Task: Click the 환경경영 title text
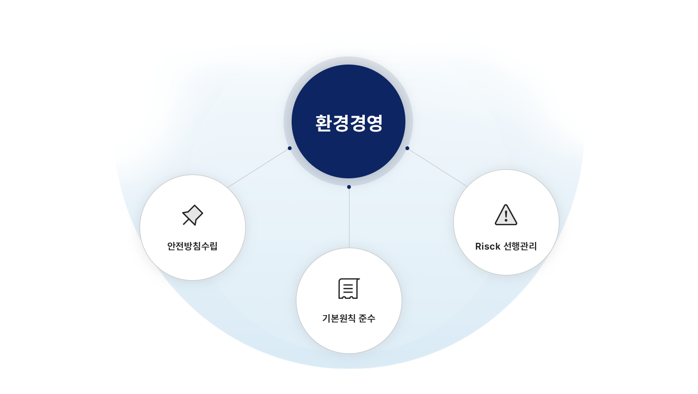(349, 123)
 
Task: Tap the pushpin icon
(193, 215)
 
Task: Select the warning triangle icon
(506, 215)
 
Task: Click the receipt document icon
(349, 289)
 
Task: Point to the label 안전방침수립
(192, 246)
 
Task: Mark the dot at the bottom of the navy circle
(349, 187)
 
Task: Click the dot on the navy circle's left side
(290, 148)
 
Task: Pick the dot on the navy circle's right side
(407, 148)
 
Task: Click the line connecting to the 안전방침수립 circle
(259, 168)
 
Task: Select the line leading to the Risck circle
(437, 168)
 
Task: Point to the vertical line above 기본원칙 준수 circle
(349, 218)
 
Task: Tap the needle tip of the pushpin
(184, 224)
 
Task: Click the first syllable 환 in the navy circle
(324, 123)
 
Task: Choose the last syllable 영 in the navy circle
(374, 123)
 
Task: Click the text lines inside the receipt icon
(349, 288)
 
